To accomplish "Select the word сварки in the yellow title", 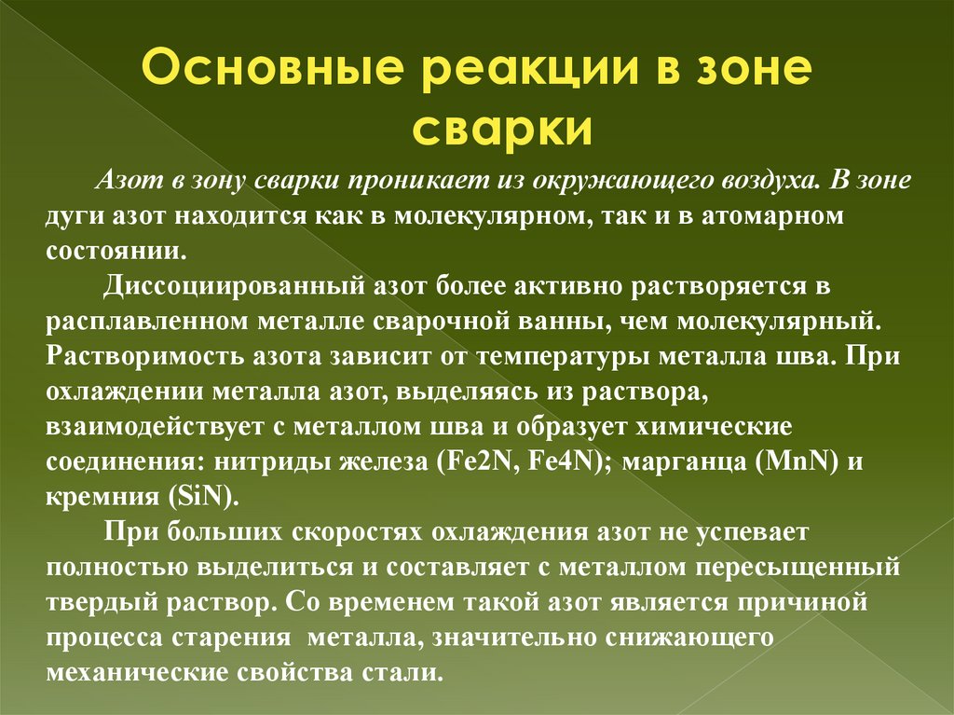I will [x=502, y=128].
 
